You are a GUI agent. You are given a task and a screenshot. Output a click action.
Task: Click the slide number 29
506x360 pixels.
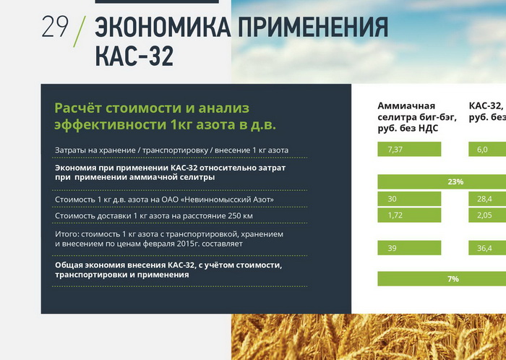tap(55, 27)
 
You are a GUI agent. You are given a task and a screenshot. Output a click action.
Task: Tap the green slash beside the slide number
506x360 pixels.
tap(80, 32)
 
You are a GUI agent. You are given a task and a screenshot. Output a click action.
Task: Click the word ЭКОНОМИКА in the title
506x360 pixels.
tap(163, 27)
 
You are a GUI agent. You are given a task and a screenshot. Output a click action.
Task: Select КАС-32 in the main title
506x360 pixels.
tap(134, 56)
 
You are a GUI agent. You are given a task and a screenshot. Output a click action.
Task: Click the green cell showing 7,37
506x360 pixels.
tap(409, 150)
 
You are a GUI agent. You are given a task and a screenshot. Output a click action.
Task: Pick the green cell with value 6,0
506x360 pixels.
tap(487, 150)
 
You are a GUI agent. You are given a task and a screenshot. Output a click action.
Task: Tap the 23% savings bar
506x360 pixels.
tap(442, 181)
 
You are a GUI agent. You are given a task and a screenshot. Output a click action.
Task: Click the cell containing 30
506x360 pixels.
tap(409, 199)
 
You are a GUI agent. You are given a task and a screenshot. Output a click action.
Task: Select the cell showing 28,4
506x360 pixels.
tap(487, 199)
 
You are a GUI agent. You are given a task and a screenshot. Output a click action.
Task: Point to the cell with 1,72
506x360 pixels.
tap(409, 215)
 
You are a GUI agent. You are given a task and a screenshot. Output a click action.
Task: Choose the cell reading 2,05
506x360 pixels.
tap(487, 215)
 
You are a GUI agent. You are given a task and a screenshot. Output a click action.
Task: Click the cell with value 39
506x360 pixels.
tap(409, 248)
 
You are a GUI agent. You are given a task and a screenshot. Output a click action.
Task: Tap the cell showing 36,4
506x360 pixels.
tap(487, 248)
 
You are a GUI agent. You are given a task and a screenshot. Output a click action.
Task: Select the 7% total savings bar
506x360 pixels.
tap(442, 279)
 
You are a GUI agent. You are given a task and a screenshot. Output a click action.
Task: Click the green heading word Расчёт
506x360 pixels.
tap(78, 108)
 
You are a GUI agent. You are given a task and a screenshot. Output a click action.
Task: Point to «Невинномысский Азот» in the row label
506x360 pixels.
tap(227, 200)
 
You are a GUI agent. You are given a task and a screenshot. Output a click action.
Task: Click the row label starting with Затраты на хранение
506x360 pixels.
tap(172, 150)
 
